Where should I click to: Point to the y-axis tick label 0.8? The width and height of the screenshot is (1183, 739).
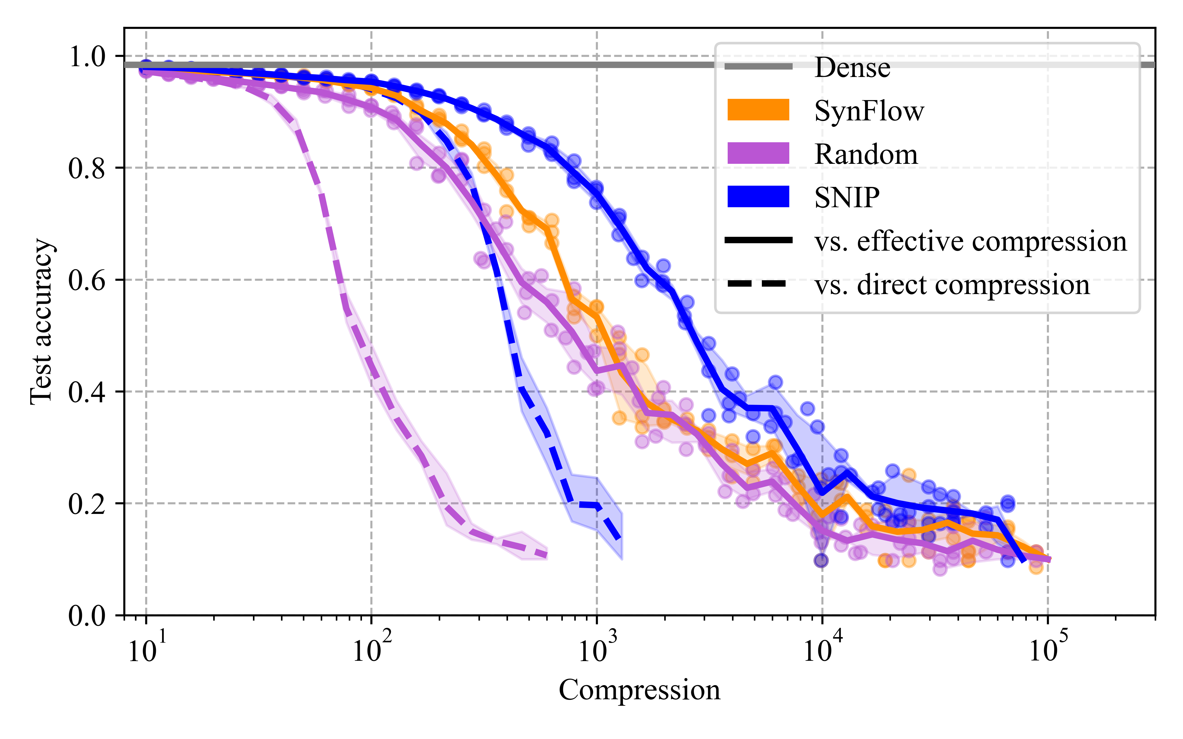[87, 169]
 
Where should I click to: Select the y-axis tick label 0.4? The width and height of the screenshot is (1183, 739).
[87, 393]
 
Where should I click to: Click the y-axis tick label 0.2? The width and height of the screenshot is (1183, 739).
[87, 504]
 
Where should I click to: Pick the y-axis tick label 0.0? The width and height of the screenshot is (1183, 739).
[87, 616]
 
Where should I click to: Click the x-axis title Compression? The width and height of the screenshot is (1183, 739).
[640, 690]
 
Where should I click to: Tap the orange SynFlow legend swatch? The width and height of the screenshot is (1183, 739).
[758, 110]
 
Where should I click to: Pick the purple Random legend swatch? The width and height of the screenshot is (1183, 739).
[758, 153]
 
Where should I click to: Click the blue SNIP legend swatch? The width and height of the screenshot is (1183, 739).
[758, 196]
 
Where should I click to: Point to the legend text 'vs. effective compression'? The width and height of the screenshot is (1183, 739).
[970, 241]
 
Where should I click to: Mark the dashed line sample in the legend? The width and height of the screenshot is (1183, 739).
[758, 284]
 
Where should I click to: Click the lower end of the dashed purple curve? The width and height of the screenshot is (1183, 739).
[546, 555]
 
